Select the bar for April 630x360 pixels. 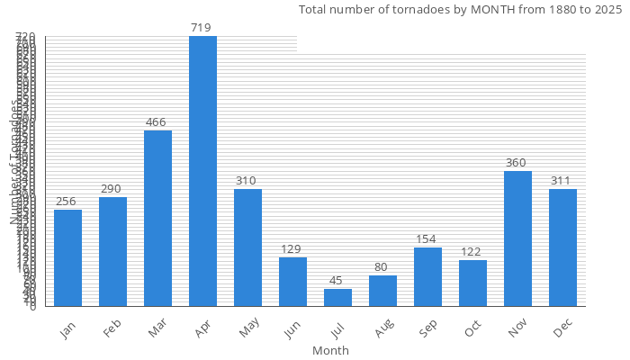(202, 171)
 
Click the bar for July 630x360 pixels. (337, 297)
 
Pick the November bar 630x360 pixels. (517, 238)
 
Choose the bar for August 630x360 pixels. (382, 291)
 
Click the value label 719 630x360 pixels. (202, 28)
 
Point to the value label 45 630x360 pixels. (337, 280)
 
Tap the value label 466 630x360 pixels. (157, 121)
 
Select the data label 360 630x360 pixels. (517, 163)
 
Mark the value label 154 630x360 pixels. (427, 239)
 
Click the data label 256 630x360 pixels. (67, 202)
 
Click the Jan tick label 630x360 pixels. (68, 330)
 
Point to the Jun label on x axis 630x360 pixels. (292, 330)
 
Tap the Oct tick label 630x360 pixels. (473, 330)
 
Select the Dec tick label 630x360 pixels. (563, 330)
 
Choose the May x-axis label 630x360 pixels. (248, 330)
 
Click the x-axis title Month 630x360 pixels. (330, 350)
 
